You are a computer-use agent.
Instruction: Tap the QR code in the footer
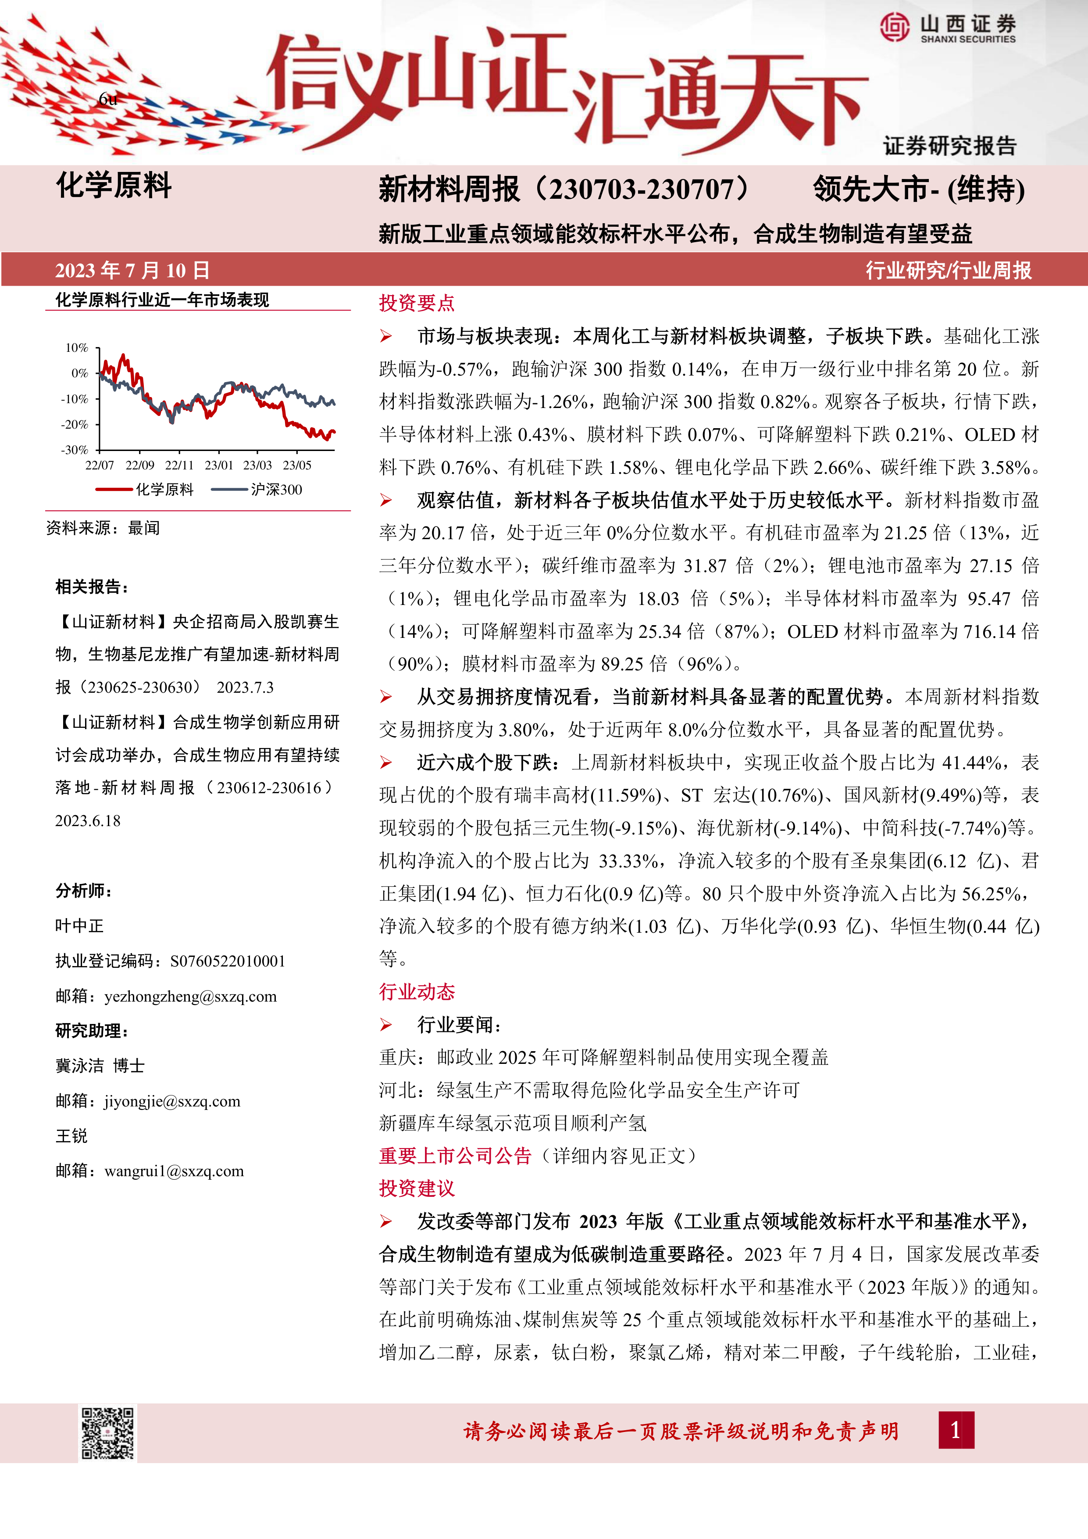click(108, 1433)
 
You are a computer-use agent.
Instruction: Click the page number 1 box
click(956, 1430)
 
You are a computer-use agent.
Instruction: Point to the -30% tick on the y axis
click(75, 450)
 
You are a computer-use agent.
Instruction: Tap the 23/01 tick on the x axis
click(218, 465)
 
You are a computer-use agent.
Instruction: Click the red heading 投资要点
click(417, 303)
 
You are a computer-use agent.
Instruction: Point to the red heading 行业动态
click(417, 992)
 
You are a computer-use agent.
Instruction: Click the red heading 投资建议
click(417, 1188)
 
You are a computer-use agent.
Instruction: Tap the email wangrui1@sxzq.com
click(174, 1171)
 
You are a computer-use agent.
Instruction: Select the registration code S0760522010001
click(228, 961)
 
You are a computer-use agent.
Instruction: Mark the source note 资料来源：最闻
click(103, 528)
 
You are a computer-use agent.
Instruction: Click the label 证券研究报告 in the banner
click(949, 146)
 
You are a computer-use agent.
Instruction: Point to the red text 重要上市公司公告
click(455, 1156)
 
